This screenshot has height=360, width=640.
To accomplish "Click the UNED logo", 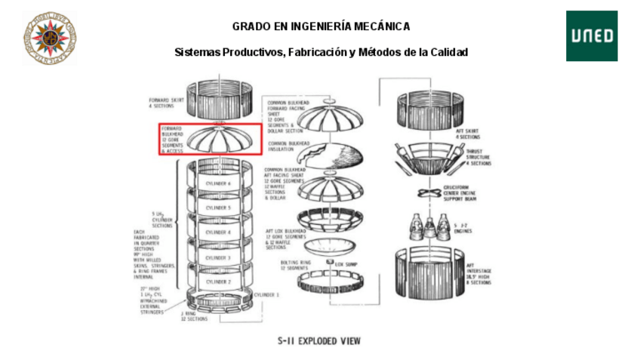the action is click(x=592, y=35).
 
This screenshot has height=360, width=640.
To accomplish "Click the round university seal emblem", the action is click(x=50, y=37).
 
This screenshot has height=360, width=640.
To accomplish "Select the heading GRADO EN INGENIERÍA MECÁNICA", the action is click(x=321, y=26).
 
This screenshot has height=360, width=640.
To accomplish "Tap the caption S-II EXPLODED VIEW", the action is click(x=320, y=341).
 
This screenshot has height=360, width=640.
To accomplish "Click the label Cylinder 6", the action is click(x=219, y=183).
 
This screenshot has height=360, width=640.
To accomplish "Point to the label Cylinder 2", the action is click(x=219, y=282).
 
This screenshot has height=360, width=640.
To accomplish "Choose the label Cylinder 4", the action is click(x=219, y=232).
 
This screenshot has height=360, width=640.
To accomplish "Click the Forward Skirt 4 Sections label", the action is click(x=167, y=103).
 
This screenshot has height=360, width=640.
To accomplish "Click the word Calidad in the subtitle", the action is click(x=450, y=52).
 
